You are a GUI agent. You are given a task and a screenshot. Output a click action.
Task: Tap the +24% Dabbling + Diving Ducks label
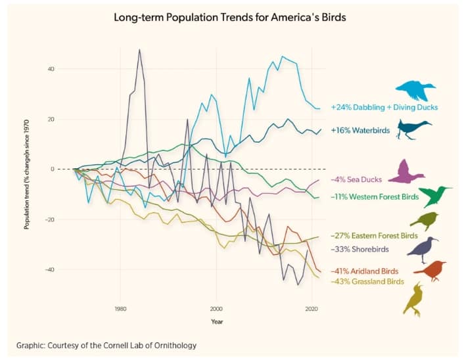(384, 106)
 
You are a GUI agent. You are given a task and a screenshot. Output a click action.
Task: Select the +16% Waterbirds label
(360, 131)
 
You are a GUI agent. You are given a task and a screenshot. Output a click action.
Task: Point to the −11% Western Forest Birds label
(374, 196)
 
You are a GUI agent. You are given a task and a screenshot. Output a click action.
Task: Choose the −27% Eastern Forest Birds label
(374, 235)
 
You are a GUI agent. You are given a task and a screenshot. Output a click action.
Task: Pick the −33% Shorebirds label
(361, 250)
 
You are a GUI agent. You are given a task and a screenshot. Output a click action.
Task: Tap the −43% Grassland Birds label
(367, 282)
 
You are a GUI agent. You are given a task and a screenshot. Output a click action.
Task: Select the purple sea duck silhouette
(406, 172)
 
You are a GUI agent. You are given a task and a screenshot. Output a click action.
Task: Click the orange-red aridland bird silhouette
(429, 270)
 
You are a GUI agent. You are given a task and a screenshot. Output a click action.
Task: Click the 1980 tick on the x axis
(120, 307)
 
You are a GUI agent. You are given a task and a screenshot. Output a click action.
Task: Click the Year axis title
(217, 321)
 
